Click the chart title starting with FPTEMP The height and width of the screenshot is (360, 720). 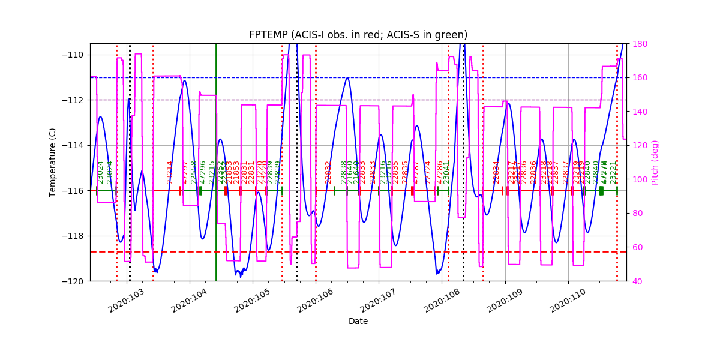pos(358,35)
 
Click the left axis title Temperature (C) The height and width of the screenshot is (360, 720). pos(53,162)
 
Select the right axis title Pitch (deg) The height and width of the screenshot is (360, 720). pos(655,162)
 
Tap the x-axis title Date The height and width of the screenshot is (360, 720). pos(358,321)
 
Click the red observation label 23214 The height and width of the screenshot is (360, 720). pos(170,172)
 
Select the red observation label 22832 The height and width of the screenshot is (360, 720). pos(328,172)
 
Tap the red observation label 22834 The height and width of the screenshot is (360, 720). pos(496,172)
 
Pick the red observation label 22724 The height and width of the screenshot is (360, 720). pos(428,172)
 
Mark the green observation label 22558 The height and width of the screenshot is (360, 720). pos(194,172)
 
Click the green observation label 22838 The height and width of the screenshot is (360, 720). pos(344,172)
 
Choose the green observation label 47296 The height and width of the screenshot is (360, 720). pos(203,172)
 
